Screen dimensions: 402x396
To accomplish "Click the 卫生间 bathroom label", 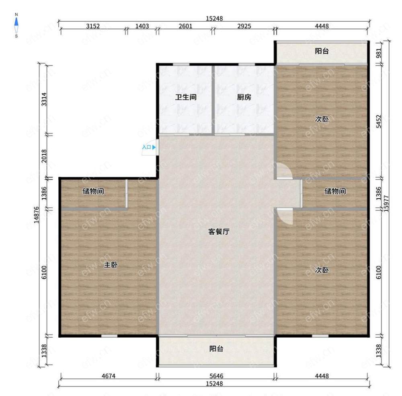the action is point(186,97).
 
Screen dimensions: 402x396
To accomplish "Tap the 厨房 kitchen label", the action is point(244,97).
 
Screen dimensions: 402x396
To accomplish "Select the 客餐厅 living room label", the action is point(219,232).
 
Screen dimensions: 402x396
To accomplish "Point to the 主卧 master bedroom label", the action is point(111,265).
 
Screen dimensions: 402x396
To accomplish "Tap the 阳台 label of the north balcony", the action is point(322,51).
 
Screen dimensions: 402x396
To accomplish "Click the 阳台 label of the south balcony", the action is point(216,349).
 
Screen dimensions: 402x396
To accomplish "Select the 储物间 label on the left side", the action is point(93,191).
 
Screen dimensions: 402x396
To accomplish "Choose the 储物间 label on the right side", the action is point(335,191).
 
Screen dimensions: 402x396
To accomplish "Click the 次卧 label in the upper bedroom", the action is point(322,119).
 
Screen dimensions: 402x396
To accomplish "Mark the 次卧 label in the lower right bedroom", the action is point(322,270).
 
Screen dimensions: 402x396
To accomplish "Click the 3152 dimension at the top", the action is point(93,26).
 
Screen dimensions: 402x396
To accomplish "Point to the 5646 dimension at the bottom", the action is point(216,376).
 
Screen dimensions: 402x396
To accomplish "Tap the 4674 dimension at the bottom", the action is point(109,376).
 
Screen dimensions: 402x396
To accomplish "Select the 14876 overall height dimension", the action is point(37,215).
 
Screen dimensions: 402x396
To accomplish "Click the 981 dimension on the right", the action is point(379,53).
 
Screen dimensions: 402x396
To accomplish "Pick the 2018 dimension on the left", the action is point(44,156).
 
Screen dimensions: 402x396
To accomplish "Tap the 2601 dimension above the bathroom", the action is point(185,26).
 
